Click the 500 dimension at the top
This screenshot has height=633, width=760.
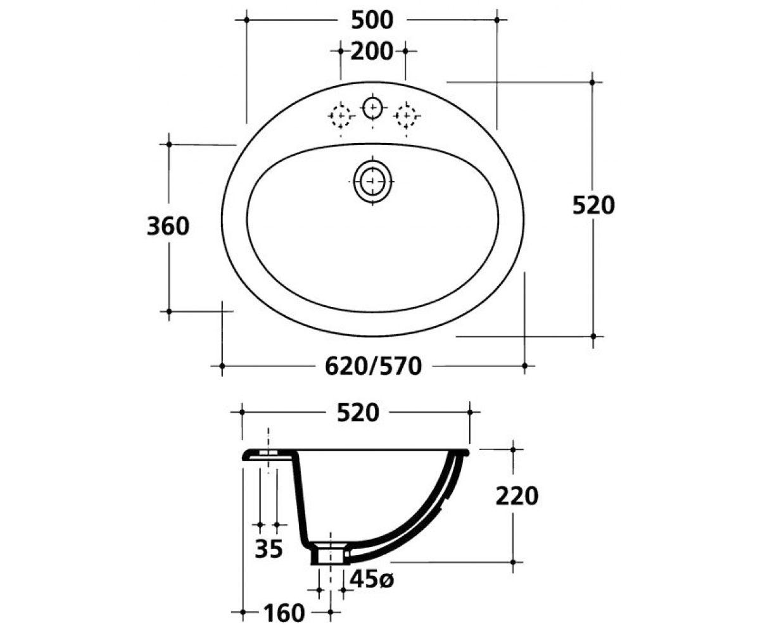click(x=372, y=20)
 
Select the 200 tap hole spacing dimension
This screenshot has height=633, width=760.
click(x=372, y=51)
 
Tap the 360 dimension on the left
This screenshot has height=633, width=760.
click(x=168, y=226)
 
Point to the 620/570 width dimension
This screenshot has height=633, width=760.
click(x=374, y=366)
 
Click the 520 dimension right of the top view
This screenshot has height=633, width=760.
click(x=593, y=205)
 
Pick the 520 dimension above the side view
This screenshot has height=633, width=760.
click(x=358, y=413)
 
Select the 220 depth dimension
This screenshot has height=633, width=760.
click(x=517, y=496)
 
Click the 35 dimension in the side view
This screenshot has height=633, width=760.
click(x=269, y=549)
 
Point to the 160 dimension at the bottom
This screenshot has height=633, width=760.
click(x=284, y=613)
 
